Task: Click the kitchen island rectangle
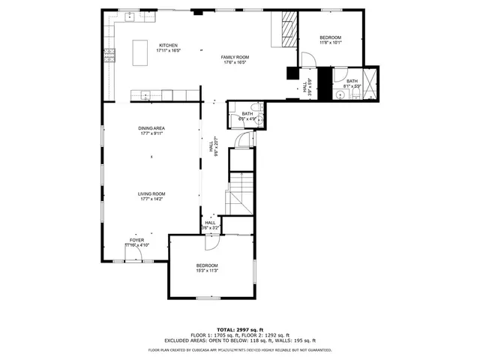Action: pos(140,52)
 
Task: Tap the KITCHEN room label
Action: pos(168,47)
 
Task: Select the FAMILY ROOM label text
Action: pos(235,60)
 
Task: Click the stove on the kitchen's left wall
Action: pos(109,54)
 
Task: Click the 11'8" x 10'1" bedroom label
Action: pos(330,40)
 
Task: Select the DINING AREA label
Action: pos(151,130)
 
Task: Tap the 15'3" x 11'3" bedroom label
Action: pos(207,268)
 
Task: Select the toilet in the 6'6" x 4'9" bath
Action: pos(254,106)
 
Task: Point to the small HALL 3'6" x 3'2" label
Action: pos(210,224)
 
